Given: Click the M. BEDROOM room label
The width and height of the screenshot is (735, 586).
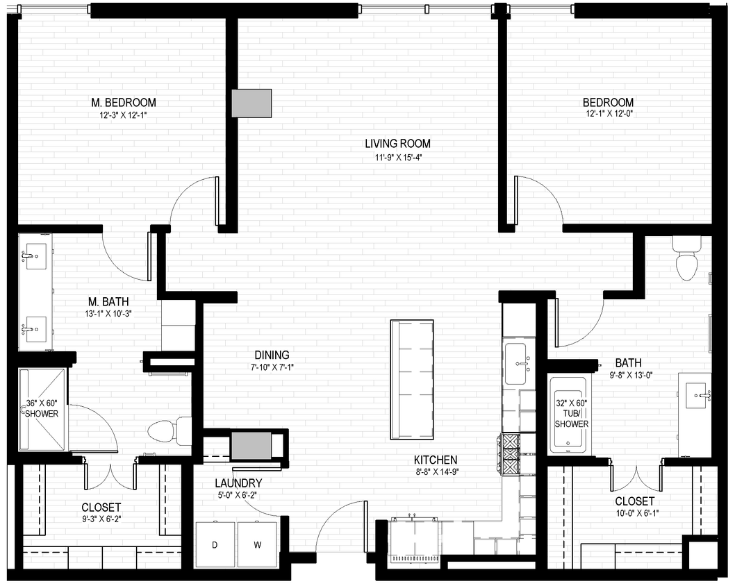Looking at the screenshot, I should point(123,103).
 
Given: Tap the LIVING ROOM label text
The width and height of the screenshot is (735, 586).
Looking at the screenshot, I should point(397,144).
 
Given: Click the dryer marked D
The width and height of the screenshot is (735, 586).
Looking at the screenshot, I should point(215,544).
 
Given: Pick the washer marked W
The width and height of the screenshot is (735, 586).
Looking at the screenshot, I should point(257,544).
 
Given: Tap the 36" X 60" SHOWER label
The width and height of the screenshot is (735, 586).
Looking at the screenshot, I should point(42,408).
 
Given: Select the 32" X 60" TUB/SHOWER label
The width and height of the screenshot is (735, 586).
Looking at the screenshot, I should point(572,413).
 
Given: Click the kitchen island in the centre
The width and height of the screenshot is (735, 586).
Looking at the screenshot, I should point(412,379).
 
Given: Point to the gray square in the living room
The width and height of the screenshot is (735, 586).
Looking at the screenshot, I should point(251,103).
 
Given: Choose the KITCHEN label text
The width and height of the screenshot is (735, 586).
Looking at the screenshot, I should point(436,460).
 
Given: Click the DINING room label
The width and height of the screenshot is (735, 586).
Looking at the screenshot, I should point(272,354).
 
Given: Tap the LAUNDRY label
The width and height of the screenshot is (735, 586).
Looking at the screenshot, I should point(238,483).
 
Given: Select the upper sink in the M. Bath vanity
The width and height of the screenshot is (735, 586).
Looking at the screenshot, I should point(33,256).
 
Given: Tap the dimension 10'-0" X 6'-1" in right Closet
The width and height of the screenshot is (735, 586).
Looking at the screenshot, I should point(634,513).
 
